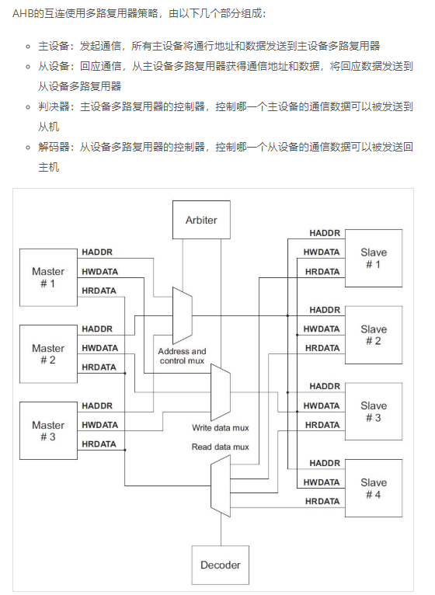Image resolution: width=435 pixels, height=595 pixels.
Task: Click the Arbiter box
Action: (201, 220)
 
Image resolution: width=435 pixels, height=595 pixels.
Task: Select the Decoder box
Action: (221, 565)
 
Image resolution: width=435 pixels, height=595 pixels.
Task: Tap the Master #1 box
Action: (48, 277)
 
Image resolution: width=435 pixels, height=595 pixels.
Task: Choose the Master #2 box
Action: (48, 353)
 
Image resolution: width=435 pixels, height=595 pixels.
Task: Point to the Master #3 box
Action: (48, 430)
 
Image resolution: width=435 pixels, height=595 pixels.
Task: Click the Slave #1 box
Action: (373, 258)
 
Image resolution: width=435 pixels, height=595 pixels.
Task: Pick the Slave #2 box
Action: (373, 335)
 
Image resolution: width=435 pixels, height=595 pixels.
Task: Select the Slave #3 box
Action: (373, 411)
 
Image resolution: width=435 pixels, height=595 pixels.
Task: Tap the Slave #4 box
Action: (373, 488)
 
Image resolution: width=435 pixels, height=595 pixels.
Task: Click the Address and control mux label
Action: (183, 356)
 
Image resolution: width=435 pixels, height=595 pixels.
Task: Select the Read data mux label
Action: (221, 447)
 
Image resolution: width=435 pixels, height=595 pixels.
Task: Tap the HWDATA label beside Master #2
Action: (99, 348)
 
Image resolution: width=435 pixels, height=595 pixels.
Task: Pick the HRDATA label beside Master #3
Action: (99, 444)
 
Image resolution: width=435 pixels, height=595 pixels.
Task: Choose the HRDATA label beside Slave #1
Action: (322, 271)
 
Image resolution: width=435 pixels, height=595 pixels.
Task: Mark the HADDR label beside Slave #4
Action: (325, 463)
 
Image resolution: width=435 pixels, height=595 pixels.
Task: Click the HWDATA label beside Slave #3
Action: (322, 405)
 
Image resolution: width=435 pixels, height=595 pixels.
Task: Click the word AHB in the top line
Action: (23, 13)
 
